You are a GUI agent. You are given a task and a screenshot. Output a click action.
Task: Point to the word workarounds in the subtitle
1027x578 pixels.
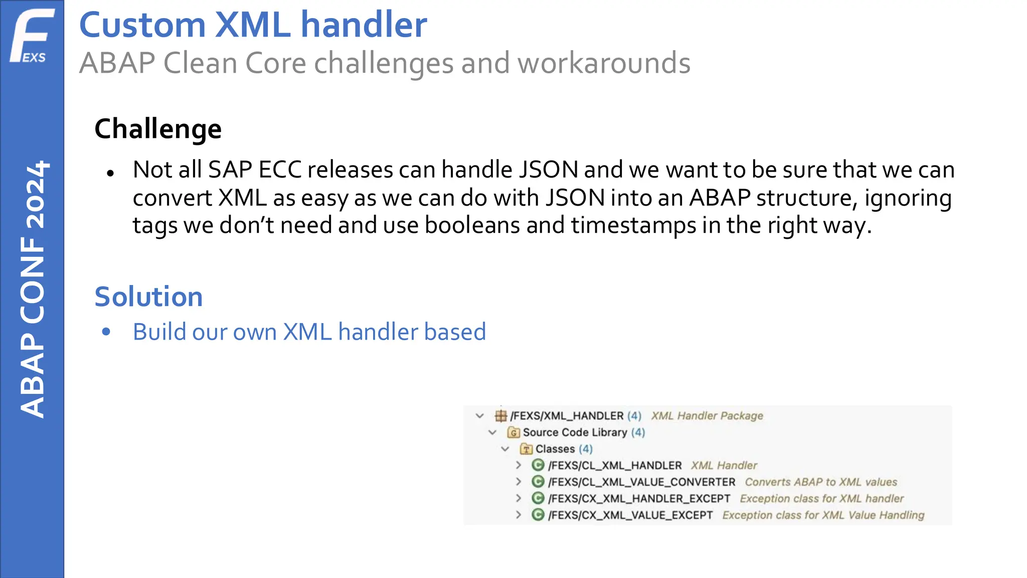click(x=603, y=64)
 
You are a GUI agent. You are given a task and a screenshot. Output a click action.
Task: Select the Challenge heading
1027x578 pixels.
click(x=158, y=129)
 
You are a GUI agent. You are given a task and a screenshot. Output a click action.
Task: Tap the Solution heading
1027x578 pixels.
click(x=148, y=297)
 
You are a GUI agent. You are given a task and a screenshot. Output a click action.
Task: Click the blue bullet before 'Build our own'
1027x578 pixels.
click(x=106, y=332)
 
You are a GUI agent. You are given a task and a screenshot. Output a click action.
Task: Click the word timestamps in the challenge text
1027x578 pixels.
click(x=633, y=225)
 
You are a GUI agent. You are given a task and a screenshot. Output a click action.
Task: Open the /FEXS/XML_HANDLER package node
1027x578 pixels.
click(x=567, y=416)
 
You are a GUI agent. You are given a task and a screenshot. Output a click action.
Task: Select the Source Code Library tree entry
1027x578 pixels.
click(x=575, y=432)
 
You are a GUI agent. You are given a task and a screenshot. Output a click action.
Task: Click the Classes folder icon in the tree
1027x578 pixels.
click(x=526, y=449)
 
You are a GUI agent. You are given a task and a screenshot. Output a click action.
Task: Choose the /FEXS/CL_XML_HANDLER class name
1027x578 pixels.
click(x=615, y=466)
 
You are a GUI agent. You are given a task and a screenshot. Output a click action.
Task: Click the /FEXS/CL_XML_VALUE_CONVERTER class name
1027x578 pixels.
click(x=641, y=482)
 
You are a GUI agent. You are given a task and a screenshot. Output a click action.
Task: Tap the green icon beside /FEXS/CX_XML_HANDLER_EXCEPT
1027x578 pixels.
click(x=538, y=498)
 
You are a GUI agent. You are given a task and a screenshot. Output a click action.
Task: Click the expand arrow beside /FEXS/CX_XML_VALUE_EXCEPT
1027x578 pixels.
click(x=519, y=515)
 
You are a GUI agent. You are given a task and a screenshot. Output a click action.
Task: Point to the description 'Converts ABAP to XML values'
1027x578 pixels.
click(x=820, y=482)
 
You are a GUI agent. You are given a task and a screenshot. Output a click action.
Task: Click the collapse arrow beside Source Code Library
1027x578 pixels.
click(x=492, y=432)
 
